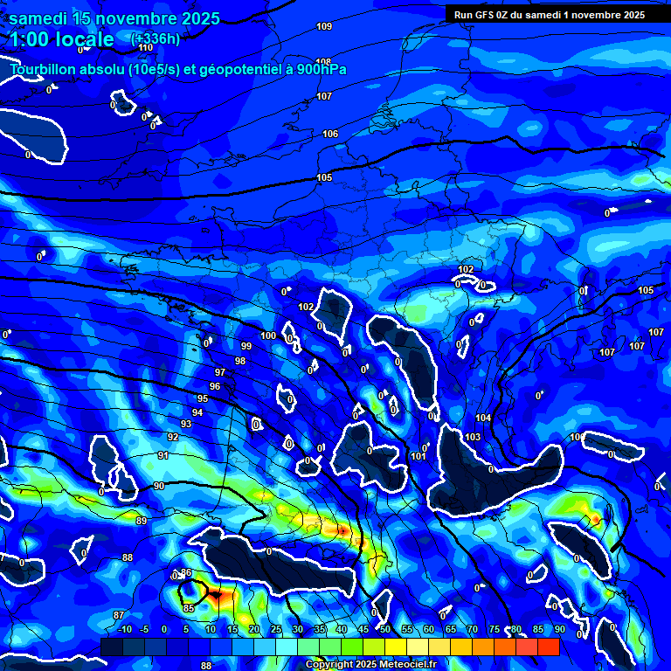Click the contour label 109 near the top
tap(324, 27)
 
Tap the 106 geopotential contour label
tap(329, 134)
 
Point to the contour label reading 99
tap(246, 347)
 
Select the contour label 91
tap(163, 456)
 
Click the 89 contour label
tap(142, 522)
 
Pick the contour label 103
tap(473, 437)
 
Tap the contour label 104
tap(483, 419)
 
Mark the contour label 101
tap(419, 457)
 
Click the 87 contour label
tap(120, 616)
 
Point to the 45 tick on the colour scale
tap(363, 630)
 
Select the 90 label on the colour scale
tap(559, 630)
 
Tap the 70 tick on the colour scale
tap(472, 630)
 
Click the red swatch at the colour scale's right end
tap(548, 647)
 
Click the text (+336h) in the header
tap(155, 38)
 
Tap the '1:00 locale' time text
tap(61, 39)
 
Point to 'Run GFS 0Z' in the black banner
tap(485, 15)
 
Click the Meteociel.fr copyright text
tap(370, 665)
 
